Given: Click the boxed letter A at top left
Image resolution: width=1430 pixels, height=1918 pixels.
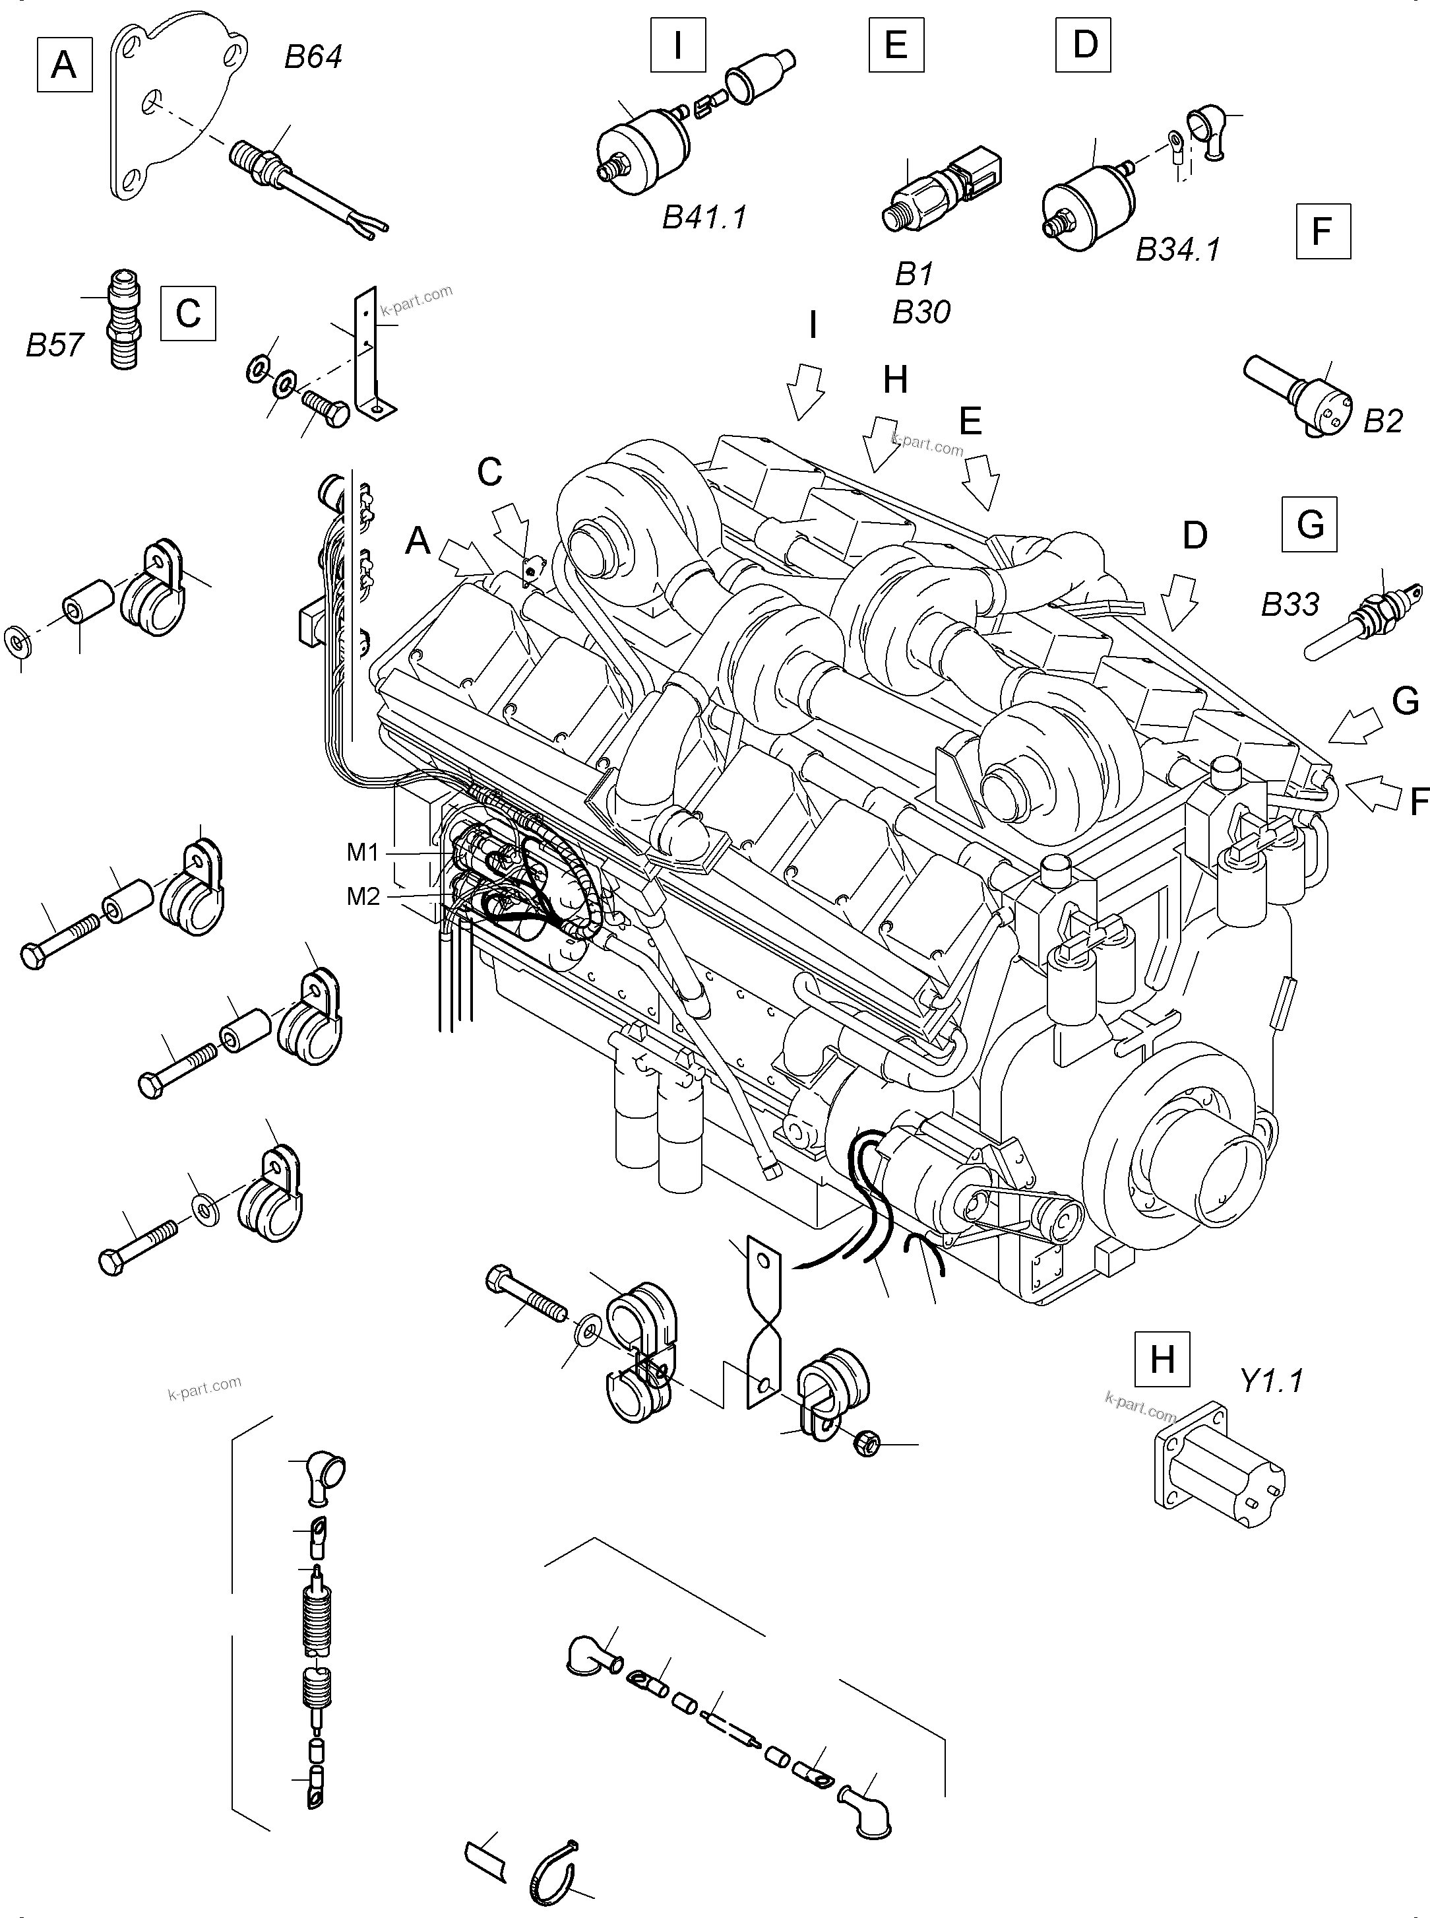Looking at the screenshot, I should [x=64, y=65].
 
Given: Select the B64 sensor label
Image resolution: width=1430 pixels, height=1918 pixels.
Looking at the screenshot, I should [x=313, y=57].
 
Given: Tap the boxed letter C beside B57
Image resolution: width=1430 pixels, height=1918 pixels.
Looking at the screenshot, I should [x=188, y=313].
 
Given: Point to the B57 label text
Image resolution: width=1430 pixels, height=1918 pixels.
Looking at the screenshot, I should [x=55, y=345].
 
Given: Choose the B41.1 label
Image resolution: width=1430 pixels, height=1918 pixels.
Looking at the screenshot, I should [x=704, y=217].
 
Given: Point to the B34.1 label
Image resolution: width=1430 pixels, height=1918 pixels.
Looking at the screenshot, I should [x=1177, y=250].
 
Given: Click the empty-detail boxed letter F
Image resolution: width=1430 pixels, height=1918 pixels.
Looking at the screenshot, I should [x=1322, y=231].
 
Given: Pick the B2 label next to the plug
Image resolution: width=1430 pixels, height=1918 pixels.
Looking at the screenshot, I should [x=1383, y=422].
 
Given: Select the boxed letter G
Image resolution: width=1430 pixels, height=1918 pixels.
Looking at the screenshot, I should [x=1310, y=524].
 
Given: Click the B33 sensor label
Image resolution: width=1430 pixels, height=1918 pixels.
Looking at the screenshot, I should [x=1290, y=605].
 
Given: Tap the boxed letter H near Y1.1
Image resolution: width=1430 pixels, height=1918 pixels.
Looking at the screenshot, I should [x=1162, y=1358].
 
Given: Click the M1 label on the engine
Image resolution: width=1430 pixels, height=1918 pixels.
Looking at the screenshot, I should [x=363, y=853].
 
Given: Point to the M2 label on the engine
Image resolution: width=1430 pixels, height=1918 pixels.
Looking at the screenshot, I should [x=363, y=896].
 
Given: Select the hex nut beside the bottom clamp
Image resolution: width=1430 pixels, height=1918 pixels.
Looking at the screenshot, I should [x=869, y=1443].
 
